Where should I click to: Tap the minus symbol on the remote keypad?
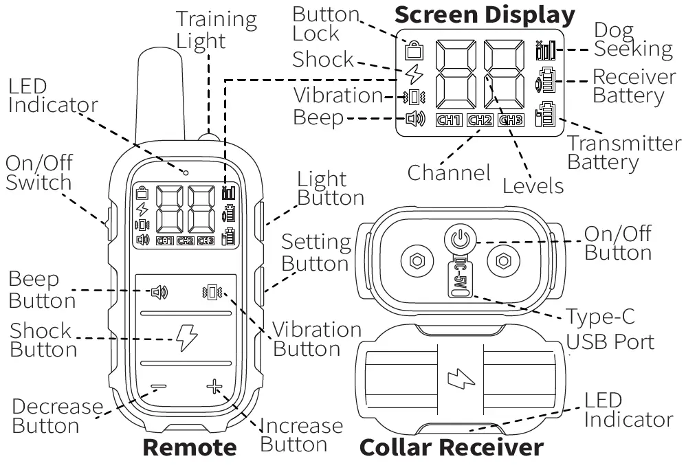pyautogui.click(x=158, y=387)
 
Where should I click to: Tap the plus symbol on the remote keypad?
pyautogui.click(x=214, y=387)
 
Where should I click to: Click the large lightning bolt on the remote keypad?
pyautogui.click(x=186, y=337)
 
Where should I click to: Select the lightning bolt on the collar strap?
pyautogui.click(x=456, y=379)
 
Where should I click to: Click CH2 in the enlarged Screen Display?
pyautogui.click(x=480, y=120)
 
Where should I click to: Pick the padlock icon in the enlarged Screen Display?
pyautogui.click(x=414, y=50)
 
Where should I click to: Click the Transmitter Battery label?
pyautogui.click(x=623, y=153)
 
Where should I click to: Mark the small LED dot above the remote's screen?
pyautogui.click(x=186, y=171)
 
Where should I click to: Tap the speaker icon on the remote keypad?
pyautogui.click(x=159, y=293)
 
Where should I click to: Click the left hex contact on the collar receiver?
pyautogui.click(x=417, y=261)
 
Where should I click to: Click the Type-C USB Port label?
pyautogui.click(x=609, y=328)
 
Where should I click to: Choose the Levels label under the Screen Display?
pyautogui.click(x=533, y=186)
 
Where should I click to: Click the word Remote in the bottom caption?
pyautogui.click(x=189, y=448)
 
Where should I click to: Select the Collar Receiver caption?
pyautogui.click(x=452, y=448)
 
